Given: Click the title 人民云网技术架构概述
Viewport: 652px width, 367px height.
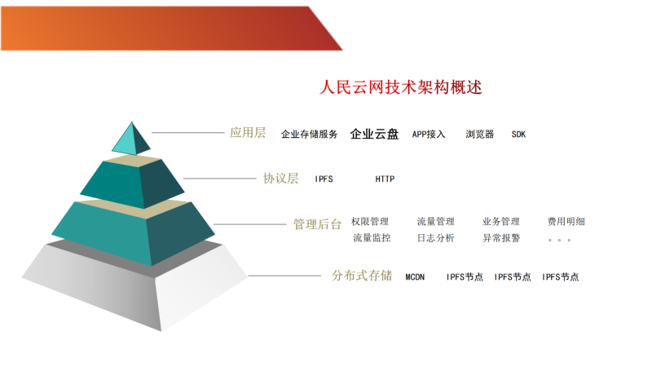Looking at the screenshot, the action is click(x=401, y=87).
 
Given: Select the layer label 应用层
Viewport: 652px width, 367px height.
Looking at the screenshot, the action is click(x=248, y=133).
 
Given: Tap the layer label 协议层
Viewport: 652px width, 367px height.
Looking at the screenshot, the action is click(x=281, y=179).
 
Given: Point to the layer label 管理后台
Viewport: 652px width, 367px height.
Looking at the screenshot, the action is click(x=317, y=224).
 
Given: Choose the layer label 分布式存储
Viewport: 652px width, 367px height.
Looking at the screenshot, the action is click(x=362, y=276).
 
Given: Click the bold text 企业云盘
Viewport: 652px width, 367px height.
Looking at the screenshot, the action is click(x=374, y=134).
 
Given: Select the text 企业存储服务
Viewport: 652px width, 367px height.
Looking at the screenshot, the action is click(x=310, y=135).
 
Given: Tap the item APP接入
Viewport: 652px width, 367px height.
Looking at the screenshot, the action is click(x=429, y=135).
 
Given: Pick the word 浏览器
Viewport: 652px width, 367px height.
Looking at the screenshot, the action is click(x=480, y=134).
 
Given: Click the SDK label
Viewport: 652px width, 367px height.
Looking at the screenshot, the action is click(x=518, y=135).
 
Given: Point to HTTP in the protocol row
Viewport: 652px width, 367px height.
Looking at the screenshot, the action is click(x=385, y=179).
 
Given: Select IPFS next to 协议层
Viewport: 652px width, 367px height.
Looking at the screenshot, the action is click(x=324, y=179).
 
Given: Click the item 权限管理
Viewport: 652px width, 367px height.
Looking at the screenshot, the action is click(x=370, y=221).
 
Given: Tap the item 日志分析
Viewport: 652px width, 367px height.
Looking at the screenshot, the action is click(x=436, y=238).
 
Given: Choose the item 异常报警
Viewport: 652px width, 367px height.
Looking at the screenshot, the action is click(x=501, y=238).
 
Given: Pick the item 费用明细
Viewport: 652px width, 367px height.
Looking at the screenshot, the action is click(x=566, y=221).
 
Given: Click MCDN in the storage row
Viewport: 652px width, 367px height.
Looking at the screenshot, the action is click(x=415, y=277).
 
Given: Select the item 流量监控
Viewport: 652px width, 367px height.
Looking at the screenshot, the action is click(x=372, y=238).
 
